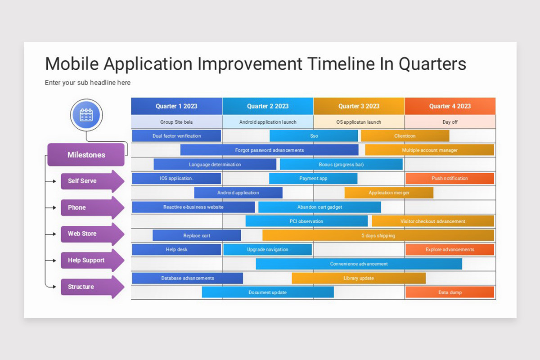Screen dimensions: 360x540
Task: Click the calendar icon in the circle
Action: tap(86, 115)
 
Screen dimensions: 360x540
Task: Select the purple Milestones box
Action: tap(86, 155)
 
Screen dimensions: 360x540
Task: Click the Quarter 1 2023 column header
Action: tap(176, 106)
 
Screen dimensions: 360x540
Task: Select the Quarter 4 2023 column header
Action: tap(450, 106)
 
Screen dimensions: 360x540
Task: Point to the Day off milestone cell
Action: tap(450, 122)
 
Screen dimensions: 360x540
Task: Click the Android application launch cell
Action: tap(268, 122)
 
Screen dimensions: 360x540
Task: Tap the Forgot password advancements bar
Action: tap(269, 150)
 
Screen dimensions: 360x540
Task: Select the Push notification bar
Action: tap(450, 179)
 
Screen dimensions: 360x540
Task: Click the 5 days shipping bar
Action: tap(378, 235)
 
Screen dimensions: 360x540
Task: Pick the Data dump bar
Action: tap(450, 292)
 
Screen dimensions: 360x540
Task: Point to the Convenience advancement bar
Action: tap(359, 264)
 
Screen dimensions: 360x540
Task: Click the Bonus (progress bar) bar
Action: tap(341, 164)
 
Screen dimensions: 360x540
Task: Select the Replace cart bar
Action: tap(197, 235)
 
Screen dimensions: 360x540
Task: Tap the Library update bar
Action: tap(358, 278)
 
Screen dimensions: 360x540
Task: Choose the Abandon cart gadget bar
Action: tap(319, 207)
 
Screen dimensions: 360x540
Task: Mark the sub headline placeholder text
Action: tap(88, 83)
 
